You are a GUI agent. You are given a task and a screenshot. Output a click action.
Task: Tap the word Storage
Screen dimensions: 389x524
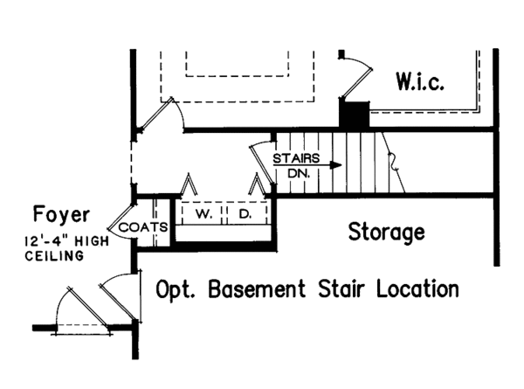[x=387, y=233]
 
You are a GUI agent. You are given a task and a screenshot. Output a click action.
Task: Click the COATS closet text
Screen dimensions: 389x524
[x=137, y=227]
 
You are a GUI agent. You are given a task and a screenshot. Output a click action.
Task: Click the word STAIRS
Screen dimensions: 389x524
[x=294, y=158]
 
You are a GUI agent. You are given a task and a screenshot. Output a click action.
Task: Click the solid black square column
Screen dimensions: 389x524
[x=354, y=115]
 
